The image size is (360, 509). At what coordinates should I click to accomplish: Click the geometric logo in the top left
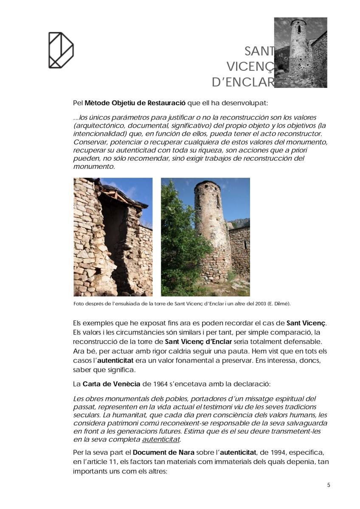61,50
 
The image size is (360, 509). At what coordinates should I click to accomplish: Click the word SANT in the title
259,51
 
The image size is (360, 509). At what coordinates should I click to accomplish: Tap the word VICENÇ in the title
250,67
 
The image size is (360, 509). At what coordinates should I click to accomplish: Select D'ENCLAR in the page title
243,82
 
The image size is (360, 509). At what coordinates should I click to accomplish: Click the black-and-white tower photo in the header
301,53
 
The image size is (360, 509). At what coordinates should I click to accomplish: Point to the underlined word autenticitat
161,439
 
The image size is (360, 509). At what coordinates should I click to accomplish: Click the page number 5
329,485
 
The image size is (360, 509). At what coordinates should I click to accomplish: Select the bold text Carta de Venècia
111,384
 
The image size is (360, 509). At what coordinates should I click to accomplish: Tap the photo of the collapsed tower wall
113,237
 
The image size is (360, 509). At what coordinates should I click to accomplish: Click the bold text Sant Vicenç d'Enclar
198,341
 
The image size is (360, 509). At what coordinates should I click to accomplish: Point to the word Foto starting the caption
79,304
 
